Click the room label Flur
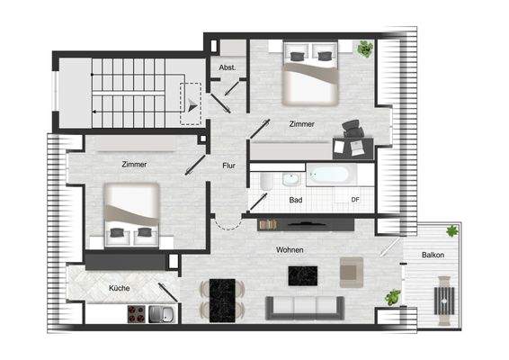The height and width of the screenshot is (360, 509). pyautogui.click(x=229, y=165)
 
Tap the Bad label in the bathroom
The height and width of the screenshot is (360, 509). pyautogui.click(x=295, y=200)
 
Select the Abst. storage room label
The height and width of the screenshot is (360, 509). pyautogui.click(x=227, y=67)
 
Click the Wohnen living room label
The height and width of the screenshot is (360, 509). pyautogui.click(x=290, y=249)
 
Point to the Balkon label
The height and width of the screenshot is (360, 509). pyautogui.click(x=433, y=256)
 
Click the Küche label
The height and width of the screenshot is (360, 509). pyautogui.click(x=119, y=288)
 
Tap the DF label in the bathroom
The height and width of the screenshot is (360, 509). pyautogui.click(x=355, y=200)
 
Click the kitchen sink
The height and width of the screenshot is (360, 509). pyautogui.click(x=163, y=313)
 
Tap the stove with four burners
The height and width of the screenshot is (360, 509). pyautogui.click(x=136, y=314)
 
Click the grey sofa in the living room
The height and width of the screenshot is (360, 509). pyautogui.click(x=306, y=308)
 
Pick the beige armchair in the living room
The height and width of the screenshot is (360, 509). pyautogui.click(x=352, y=269)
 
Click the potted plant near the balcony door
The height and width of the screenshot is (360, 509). pyautogui.click(x=392, y=296)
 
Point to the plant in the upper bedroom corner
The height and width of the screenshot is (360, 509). pyautogui.click(x=364, y=49)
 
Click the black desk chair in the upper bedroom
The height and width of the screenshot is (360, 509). pyautogui.click(x=352, y=130)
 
